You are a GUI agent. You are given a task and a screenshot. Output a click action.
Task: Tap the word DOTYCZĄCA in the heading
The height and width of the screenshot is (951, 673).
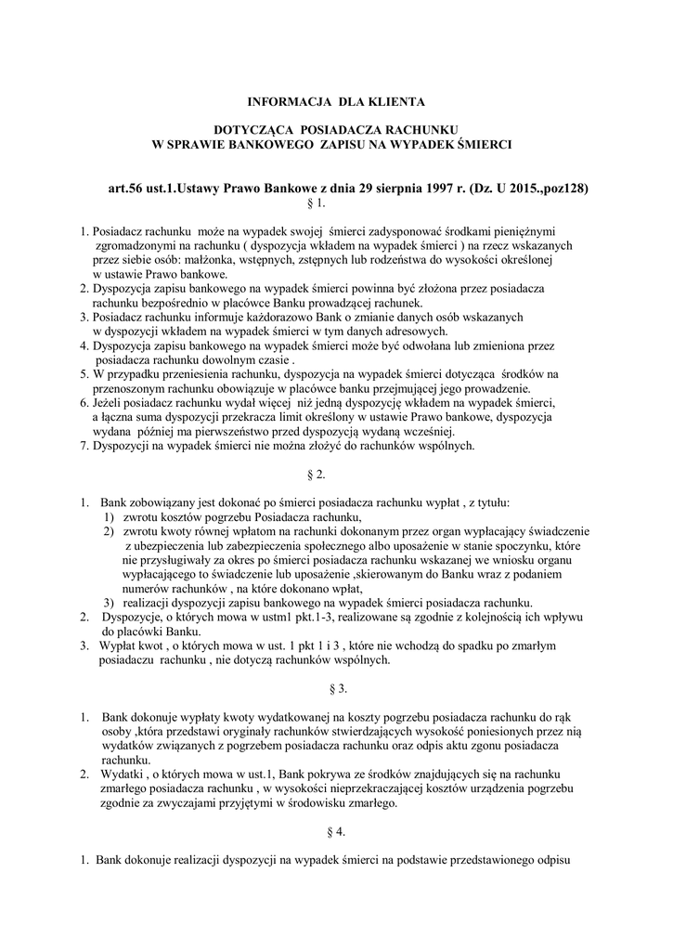tap(255, 131)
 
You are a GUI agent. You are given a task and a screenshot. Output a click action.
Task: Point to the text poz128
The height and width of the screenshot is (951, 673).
tap(564, 187)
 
